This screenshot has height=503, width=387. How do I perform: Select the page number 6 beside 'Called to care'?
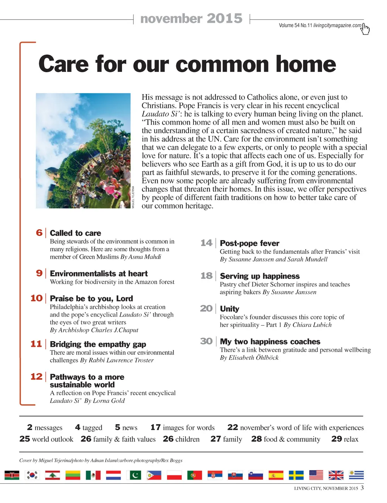pyautogui.click(x=39, y=233)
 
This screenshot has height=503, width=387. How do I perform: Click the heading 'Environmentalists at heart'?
pyautogui.click(x=99, y=273)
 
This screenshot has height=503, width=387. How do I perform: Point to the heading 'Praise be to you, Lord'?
pyautogui.click(x=91, y=298)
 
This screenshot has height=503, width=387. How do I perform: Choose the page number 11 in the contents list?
pyautogui.click(x=36, y=344)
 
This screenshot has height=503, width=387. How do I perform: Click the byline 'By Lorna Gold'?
pyautogui.click(x=104, y=401)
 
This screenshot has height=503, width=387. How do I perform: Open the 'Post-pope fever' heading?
pyautogui.click(x=249, y=243)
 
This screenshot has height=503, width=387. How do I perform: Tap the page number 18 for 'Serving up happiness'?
pyautogui.click(x=206, y=276)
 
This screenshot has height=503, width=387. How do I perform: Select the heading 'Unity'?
pyautogui.click(x=229, y=309)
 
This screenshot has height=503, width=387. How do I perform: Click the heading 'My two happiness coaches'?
pyautogui.click(x=270, y=342)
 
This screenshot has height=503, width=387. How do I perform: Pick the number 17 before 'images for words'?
pyautogui.click(x=155, y=427)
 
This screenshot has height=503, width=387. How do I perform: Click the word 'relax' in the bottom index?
pyautogui.click(x=351, y=439)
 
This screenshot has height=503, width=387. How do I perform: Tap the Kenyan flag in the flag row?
pyautogui.click(x=12, y=475)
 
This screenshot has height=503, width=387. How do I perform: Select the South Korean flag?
pyautogui.click(x=32, y=475)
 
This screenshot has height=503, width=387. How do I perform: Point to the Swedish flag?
pyautogui.click(x=296, y=475)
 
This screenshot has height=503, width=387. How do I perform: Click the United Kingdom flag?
pyautogui.click(x=336, y=475)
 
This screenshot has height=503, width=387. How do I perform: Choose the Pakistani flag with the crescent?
pyautogui.click(x=134, y=475)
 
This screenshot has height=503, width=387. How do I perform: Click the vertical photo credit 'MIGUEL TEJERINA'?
pyautogui.click(x=133, y=197)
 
